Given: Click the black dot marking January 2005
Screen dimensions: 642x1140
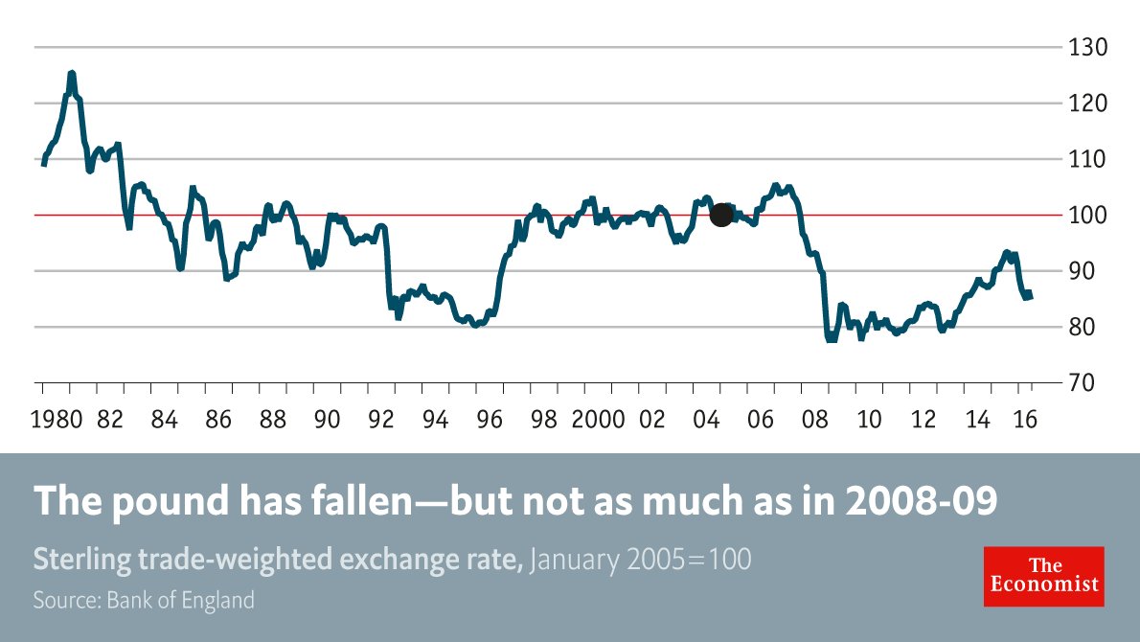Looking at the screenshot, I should pos(721,216).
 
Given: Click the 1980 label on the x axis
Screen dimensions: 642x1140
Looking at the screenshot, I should pos(56,420).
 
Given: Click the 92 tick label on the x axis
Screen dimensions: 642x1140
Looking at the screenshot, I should pos(381,420).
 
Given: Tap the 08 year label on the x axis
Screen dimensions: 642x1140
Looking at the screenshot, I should pos(814,420).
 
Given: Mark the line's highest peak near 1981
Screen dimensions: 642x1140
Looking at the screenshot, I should pos(72,73).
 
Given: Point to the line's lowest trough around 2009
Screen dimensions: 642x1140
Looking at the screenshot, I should pos(830,339).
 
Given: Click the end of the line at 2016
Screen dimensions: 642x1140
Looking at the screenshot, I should pos(1031,295).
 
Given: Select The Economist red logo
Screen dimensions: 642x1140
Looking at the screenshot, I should pos(1043,576).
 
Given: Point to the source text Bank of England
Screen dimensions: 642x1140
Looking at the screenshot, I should pos(181,601).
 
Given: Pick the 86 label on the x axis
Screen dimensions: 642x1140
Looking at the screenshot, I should pos(218,420).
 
